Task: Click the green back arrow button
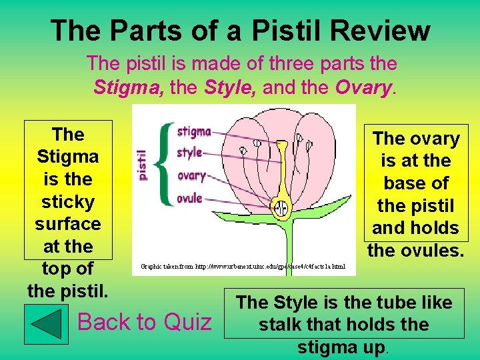[x=46, y=323]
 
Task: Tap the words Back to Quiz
[x=144, y=322]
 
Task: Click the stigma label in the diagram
[x=194, y=131]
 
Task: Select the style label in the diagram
[x=189, y=153]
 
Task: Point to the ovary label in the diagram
[x=191, y=176]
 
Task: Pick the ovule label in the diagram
[x=189, y=198]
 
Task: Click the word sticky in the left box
[x=67, y=201]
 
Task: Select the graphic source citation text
[x=243, y=267]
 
